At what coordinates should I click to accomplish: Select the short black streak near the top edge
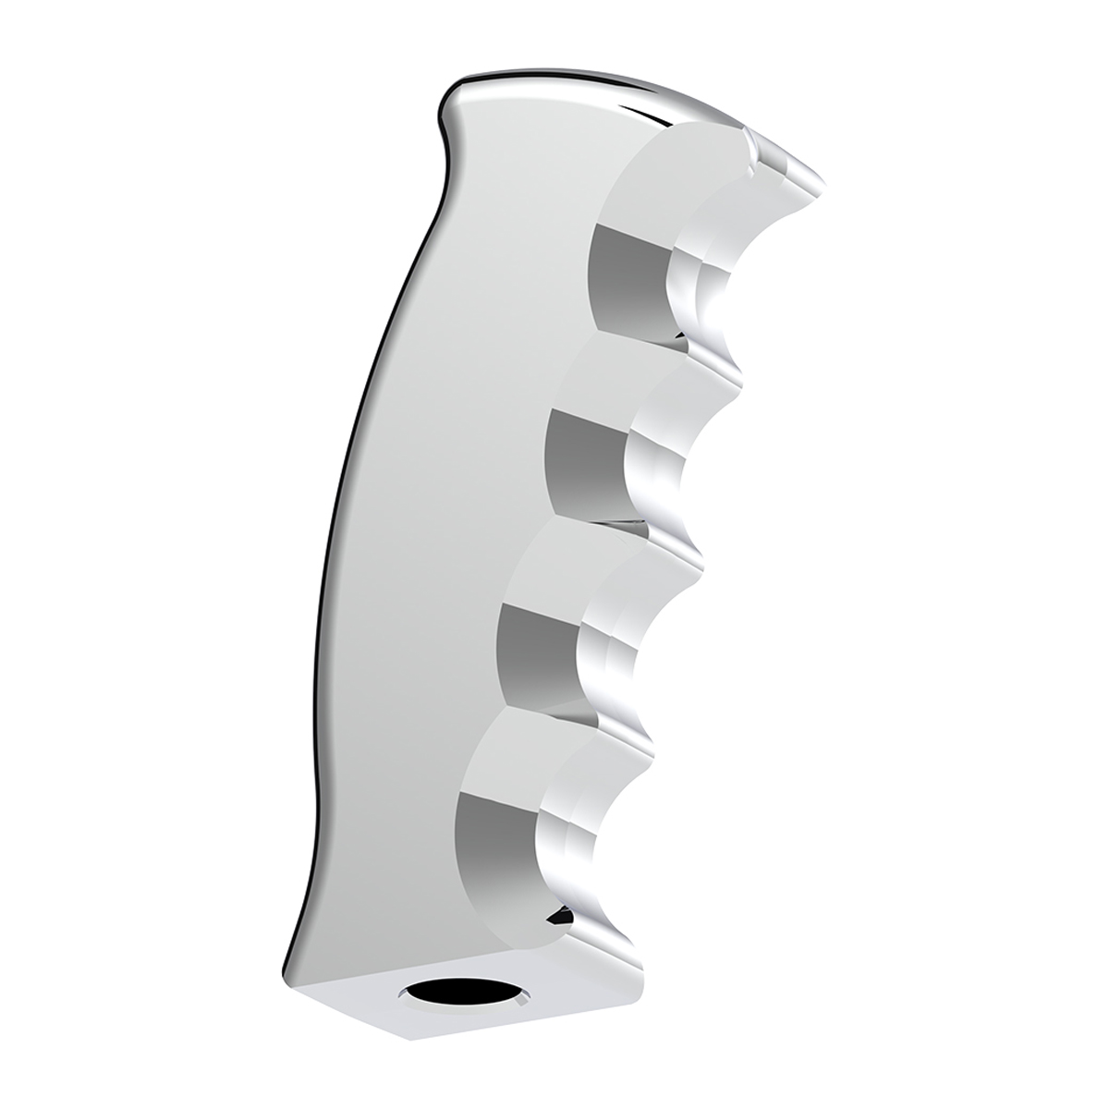652,116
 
